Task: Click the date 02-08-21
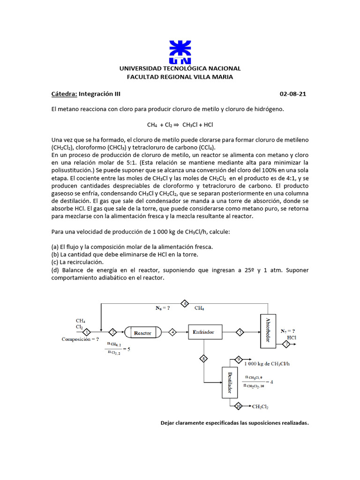[x=293, y=94]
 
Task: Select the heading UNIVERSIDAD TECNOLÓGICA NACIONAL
[x=180, y=68]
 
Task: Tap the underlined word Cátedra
[x=64, y=94]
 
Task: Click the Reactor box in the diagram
[x=142, y=332]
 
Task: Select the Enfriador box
[x=203, y=332]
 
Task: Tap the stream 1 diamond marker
[x=87, y=332]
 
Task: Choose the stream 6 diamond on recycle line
[x=185, y=303]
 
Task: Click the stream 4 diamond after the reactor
[x=172, y=332]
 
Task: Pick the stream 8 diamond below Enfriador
[x=204, y=359]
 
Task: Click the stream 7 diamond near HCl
[x=286, y=345]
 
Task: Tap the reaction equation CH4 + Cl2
[x=180, y=125]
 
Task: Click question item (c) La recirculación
[x=77, y=262]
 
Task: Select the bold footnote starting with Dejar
[x=235, y=423]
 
